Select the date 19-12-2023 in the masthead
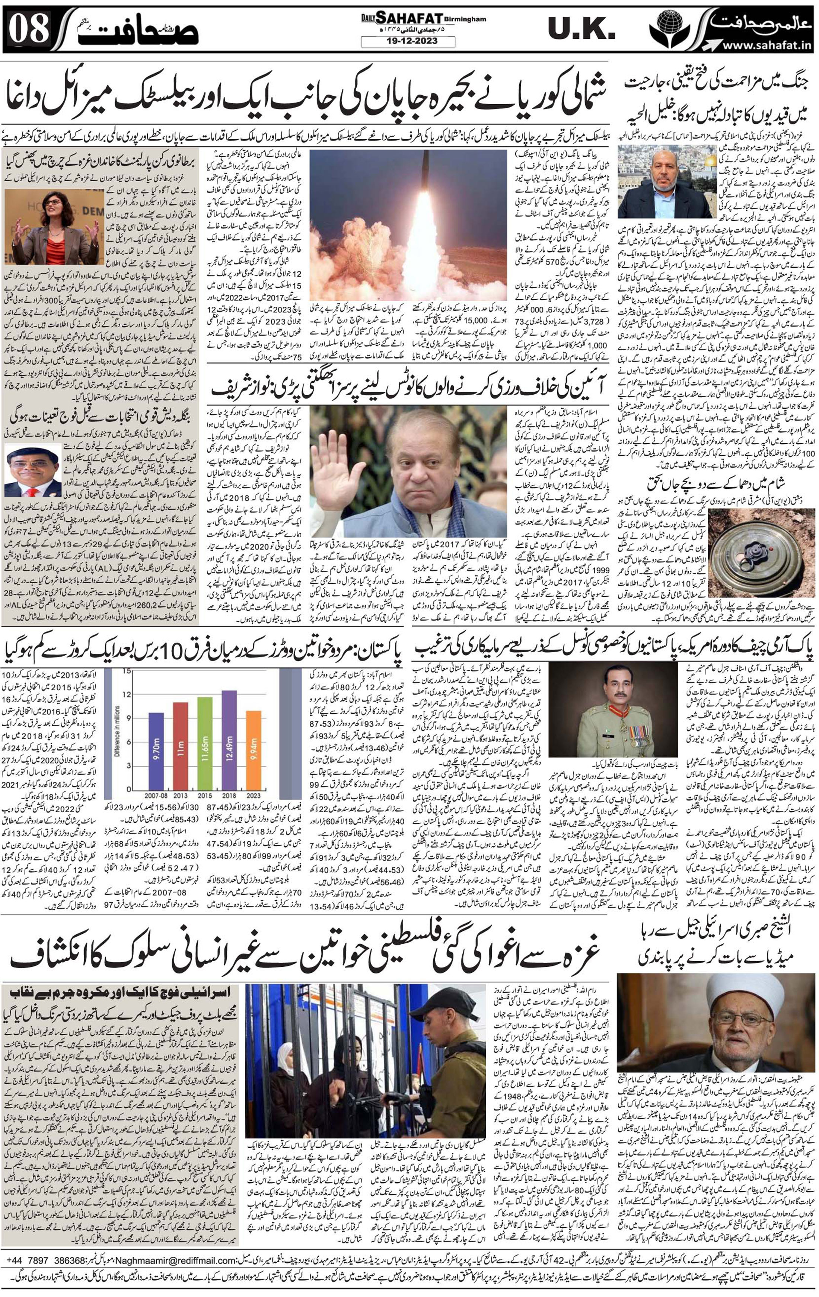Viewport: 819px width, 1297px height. pyautogui.click(x=408, y=41)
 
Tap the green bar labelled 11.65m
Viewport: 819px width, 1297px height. pyautogui.click(x=205, y=743)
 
